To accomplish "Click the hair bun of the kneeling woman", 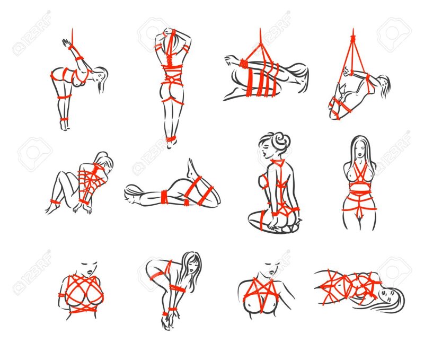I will pos(281,141).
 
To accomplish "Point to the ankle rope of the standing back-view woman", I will pos(170,139).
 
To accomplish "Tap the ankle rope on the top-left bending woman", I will pos(64,120).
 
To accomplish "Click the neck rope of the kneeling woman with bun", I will pos(276,160).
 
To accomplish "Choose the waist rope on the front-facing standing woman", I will pos(360,186).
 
